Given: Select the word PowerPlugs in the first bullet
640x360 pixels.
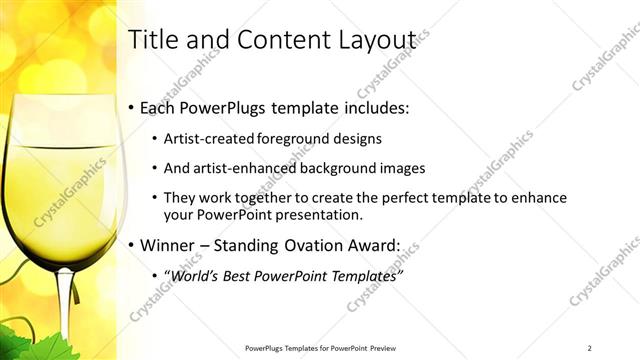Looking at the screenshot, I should pyautogui.click(x=223, y=108).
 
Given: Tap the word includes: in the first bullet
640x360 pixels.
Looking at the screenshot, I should pyautogui.click(x=372, y=108).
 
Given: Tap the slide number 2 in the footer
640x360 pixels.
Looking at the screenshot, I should pyautogui.click(x=589, y=347).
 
